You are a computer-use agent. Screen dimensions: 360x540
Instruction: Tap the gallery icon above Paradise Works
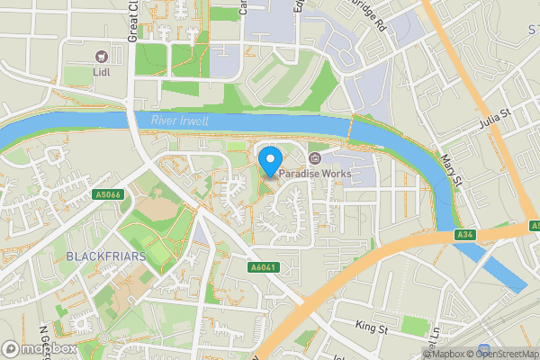click(x=313, y=157)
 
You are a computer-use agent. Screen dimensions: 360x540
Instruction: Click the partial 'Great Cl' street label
click(x=133, y=18)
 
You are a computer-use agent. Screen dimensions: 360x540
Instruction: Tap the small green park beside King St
click(x=411, y=325)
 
